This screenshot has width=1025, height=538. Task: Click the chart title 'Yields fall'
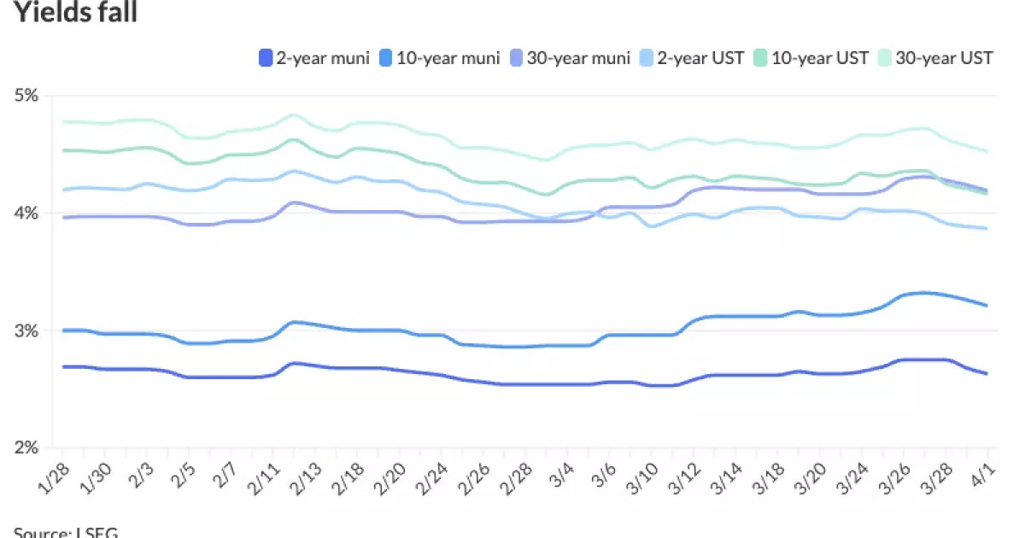click(75, 12)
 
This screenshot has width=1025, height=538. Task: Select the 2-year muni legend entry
click(314, 58)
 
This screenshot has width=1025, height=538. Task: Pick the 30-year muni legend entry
click(571, 58)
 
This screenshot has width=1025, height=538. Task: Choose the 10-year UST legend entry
click(811, 58)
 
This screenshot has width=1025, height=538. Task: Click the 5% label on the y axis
click(27, 95)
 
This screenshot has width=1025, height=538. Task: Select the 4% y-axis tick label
click(27, 213)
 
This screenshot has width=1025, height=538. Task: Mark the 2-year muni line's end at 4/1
click(987, 373)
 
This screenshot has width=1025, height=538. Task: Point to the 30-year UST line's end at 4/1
click(987, 151)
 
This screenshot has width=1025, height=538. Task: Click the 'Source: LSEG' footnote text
click(65, 531)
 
